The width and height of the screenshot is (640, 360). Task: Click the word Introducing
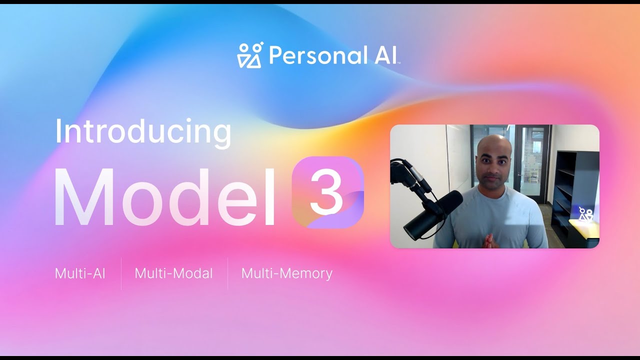(143, 132)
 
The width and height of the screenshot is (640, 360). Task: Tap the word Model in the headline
(165, 198)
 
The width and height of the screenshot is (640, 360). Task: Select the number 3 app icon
(327, 192)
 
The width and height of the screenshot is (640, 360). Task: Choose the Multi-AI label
(80, 273)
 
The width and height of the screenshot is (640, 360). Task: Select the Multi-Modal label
(173, 273)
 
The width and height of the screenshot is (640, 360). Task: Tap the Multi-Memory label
(286, 273)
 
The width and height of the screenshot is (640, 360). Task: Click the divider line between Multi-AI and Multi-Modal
(121, 273)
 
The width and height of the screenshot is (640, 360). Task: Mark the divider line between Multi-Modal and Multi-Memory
(227, 273)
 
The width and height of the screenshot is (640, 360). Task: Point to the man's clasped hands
(487, 241)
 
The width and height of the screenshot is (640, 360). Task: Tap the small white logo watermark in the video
(585, 214)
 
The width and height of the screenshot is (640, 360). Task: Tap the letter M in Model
(85, 198)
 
